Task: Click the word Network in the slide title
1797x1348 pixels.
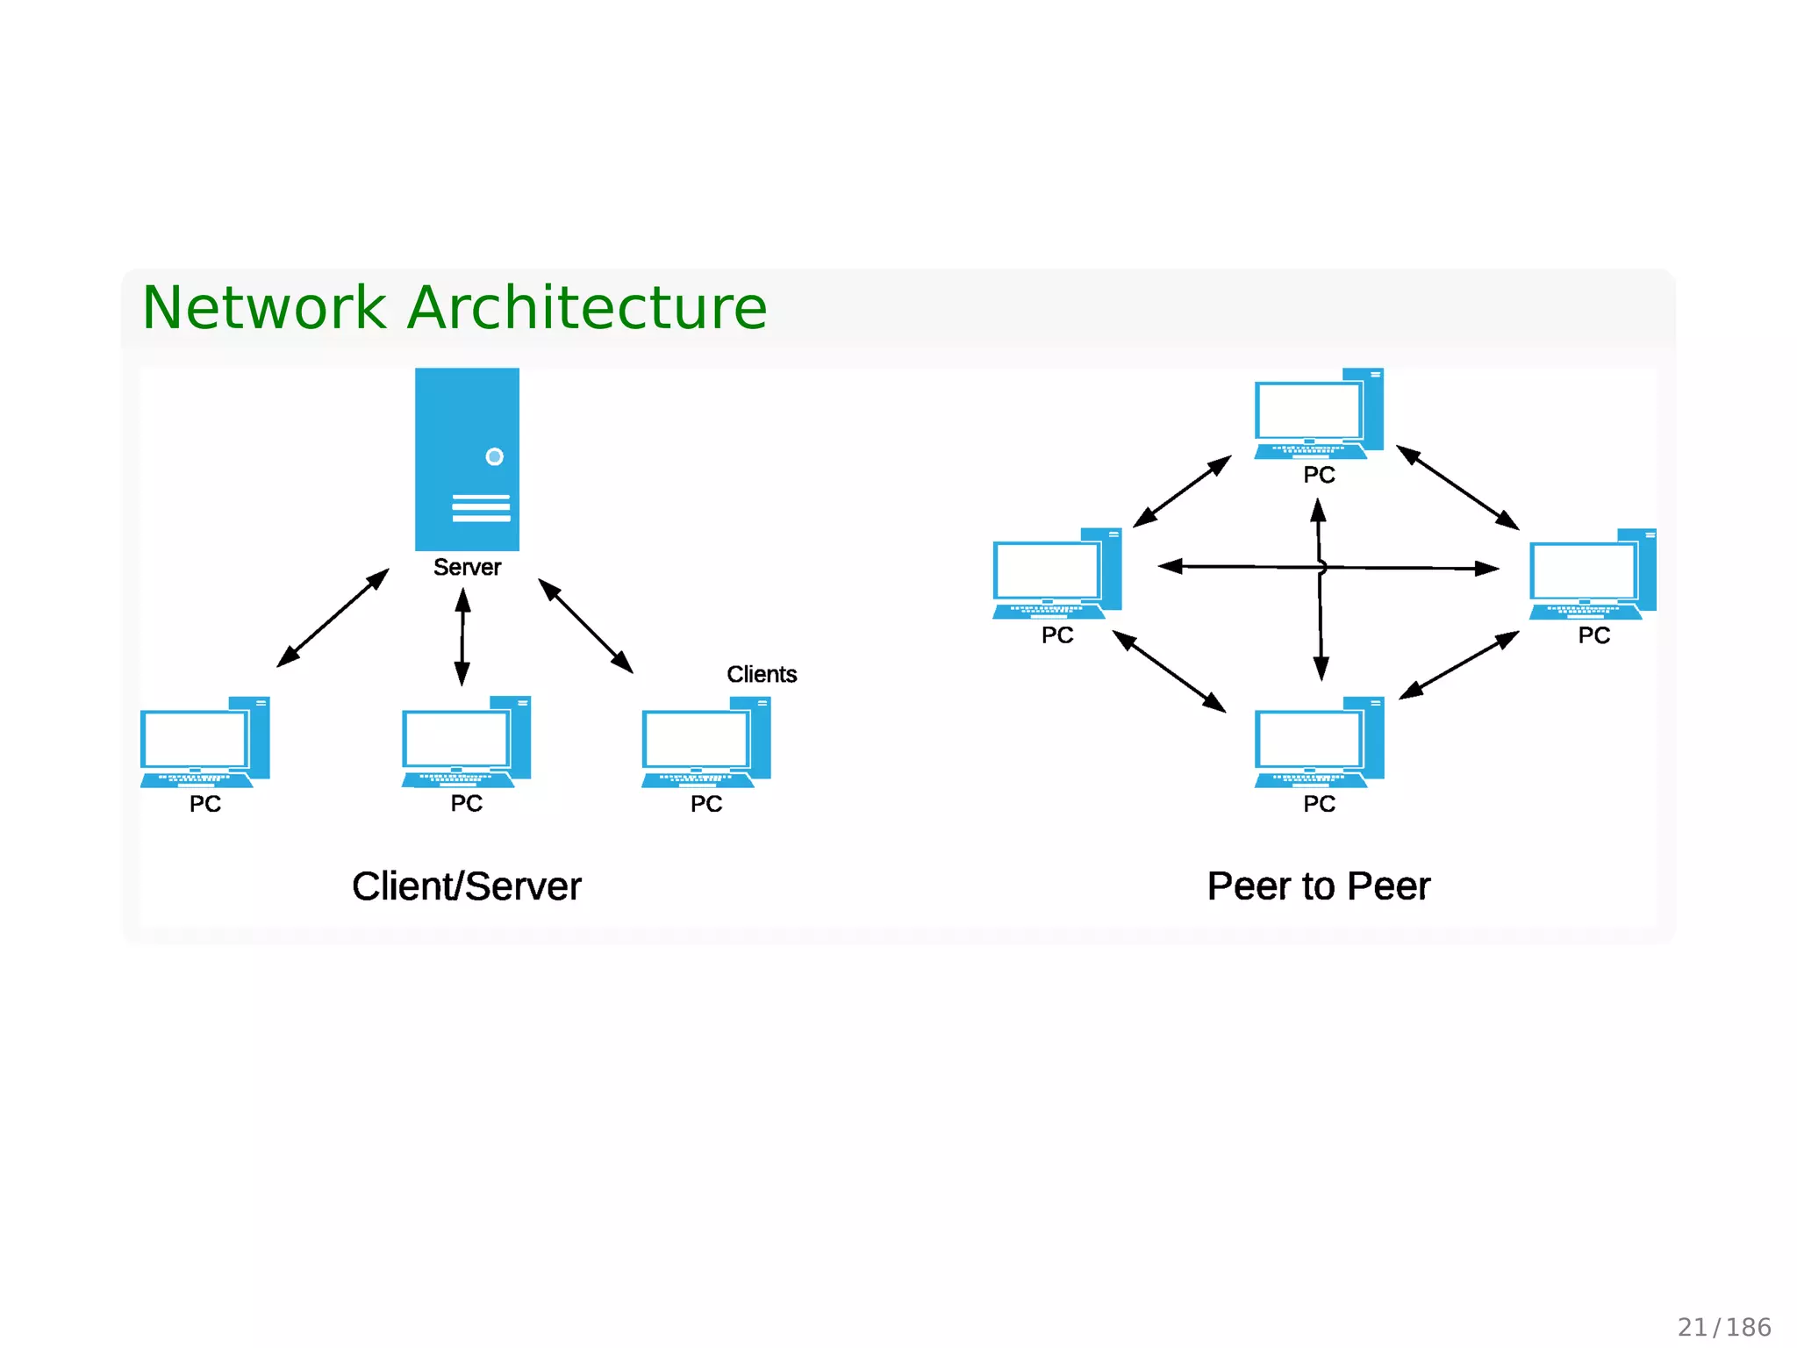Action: (263, 308)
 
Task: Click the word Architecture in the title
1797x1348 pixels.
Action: (587, 308)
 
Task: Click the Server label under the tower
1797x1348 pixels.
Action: (467, 567)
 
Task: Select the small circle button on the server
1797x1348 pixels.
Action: (494, 456)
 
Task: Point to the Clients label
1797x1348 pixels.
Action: (761, 674)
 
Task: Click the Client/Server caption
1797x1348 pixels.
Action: (466, 886)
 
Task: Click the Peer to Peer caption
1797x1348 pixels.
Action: (1318, 886)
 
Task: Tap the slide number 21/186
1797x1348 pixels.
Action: (1723, 1327)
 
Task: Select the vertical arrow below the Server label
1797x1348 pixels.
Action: (462, 637)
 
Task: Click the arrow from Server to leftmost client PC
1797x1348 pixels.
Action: (333, 618)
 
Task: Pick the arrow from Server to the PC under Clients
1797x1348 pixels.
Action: (585, 626)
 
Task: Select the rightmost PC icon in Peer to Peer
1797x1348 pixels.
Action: (1592, 575)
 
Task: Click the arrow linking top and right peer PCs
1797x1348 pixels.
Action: (1457, 488)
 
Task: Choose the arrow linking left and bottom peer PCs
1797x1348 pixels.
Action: (1169, 671)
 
